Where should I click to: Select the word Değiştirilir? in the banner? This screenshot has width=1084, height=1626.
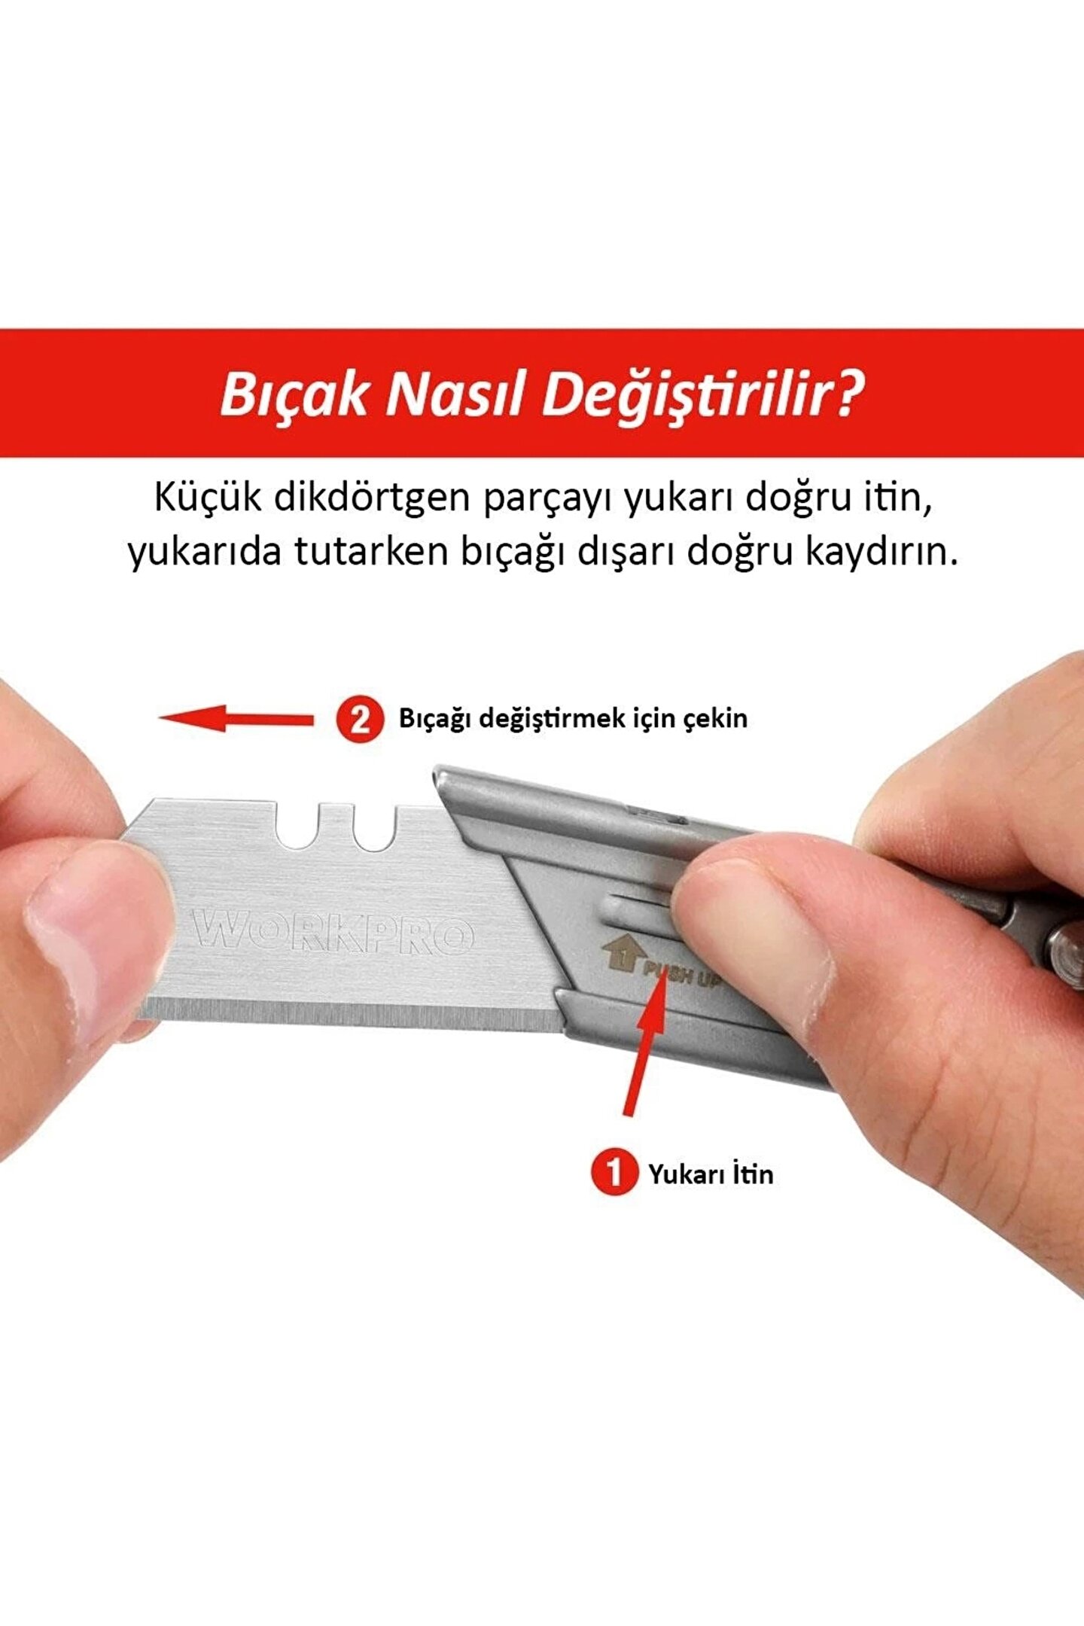pyautogui.click(x=702, y=394)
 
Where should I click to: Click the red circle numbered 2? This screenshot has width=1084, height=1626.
pyautogui.click(x=360, y=720)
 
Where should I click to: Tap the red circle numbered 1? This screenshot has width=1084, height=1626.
pyautogui.click(x=614, y=1173)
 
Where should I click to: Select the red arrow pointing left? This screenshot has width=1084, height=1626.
pyautogui.click(x=236, y=719)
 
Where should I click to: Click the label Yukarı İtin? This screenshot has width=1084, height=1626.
pyautogui.click(x=711, y=1174)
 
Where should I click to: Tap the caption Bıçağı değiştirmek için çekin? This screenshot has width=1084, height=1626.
pyautogui.click(x=573, y=718)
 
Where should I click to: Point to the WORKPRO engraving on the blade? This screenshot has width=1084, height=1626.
pyautogui.click(x=333, y=934)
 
